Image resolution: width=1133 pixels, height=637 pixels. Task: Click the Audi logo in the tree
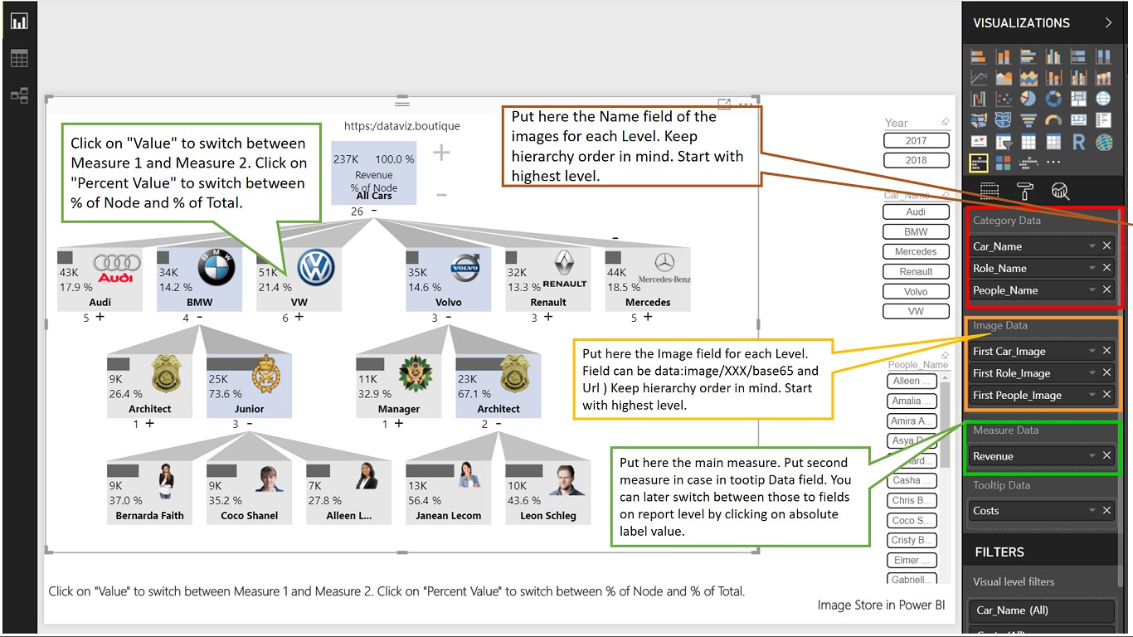(x=117, y=268)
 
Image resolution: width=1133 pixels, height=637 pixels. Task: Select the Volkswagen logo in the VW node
(x=316, y=268)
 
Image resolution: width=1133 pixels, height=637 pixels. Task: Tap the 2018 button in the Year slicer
(x=916, y=160)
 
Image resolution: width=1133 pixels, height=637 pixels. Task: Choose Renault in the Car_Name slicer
(x=916, y=271)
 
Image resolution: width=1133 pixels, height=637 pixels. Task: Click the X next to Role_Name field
(x=1106, y=268)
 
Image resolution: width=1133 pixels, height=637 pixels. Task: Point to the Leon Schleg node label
(x=548, y=516)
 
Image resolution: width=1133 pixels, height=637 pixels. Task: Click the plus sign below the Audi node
(x=100, y=317)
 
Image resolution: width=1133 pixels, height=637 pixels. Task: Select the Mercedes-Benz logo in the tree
(x=664, y=268)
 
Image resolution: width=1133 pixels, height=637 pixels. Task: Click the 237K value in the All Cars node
(x=345, y=159)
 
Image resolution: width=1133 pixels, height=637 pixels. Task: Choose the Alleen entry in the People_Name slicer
(x=912, y=382)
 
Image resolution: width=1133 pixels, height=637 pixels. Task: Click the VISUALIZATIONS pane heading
(x=1021, y=23)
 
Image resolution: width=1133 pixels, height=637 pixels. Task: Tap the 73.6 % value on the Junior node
(x=225, y=394)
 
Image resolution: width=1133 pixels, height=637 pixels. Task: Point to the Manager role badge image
(x=416, y=374)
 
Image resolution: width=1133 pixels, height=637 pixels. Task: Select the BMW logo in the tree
(x=216, y=268)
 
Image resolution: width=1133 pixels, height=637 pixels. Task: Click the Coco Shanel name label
(x=250, y=516)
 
